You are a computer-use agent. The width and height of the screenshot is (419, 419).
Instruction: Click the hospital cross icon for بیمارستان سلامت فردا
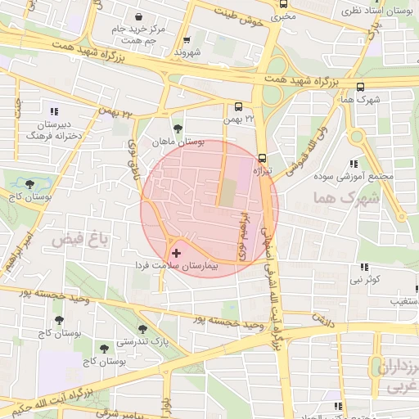tap(176, 254)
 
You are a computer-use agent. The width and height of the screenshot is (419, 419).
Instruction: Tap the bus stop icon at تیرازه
tap(262, 158)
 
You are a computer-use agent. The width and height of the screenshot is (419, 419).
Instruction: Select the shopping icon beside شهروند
tap(187, 39)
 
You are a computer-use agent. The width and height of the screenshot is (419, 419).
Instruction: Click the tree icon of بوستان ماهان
tap(178, 128)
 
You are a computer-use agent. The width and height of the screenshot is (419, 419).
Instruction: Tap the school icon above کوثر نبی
tap(364, 267)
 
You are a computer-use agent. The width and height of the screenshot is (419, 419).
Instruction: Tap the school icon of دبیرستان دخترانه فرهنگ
tap(55, 111)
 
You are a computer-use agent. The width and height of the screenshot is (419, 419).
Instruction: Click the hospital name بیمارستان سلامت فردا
tap(177, 267)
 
